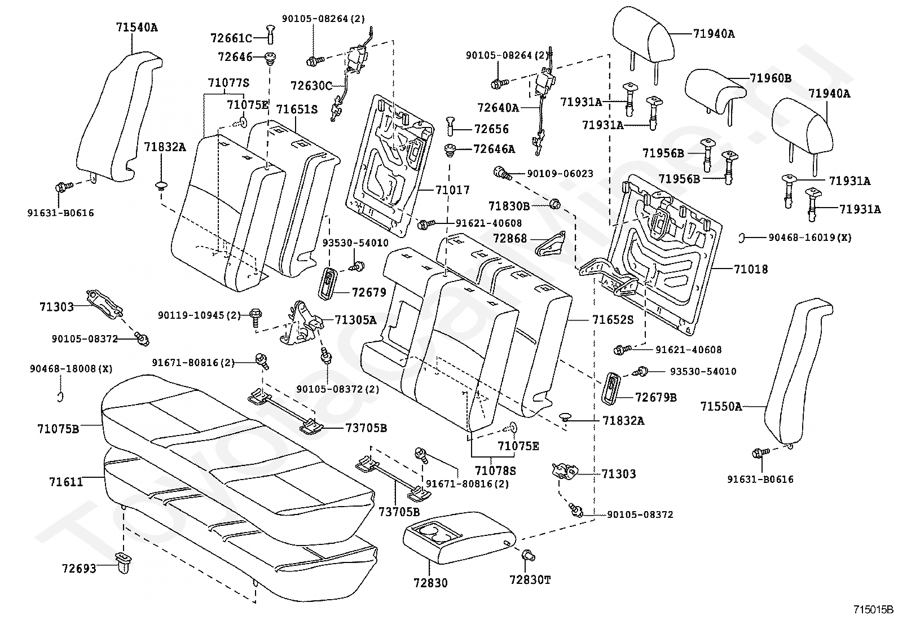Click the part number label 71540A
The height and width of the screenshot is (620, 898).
click(137, 27)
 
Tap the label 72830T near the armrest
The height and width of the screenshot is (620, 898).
click(530, 579)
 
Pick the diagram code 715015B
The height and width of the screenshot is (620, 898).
click(874, 610)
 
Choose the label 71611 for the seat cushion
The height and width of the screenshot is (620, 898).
click(66, 481)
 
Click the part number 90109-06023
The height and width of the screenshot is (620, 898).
click(560, 174)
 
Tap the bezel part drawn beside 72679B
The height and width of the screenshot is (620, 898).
click(611, 387)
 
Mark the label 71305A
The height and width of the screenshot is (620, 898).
click(355, 320)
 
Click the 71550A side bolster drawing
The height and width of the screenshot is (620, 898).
click(798, 371)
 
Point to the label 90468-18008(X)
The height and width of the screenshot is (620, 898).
click(71, 368)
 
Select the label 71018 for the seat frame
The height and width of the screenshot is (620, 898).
click(751, 269)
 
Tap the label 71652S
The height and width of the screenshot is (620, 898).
click(613, 320)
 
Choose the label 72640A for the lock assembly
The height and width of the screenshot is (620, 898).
click(498, 108)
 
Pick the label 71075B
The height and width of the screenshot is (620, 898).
click(58, 429)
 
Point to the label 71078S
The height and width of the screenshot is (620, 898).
click(495, 470)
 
